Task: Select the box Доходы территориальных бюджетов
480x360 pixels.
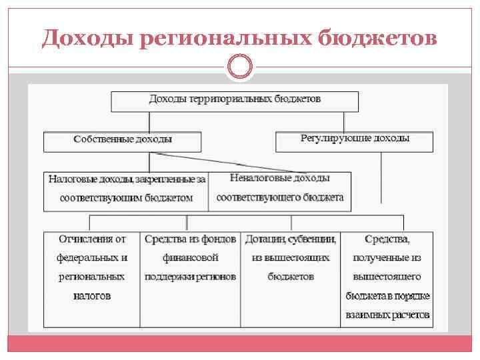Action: coord(235,101)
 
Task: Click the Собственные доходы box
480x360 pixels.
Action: coord(123,141)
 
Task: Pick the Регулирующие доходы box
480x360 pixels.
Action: coord(355,141)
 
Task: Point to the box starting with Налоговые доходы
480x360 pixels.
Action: coord(127,189)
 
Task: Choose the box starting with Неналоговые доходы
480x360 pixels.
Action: coord(280,189)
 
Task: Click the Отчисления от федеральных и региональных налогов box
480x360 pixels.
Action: coord(92,279)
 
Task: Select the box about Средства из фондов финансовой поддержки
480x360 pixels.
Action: coord(191,279)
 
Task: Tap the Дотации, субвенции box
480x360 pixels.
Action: coord(291,279)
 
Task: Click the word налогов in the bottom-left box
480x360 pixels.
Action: coord(92,295)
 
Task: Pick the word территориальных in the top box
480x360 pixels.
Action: coord(231,99)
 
